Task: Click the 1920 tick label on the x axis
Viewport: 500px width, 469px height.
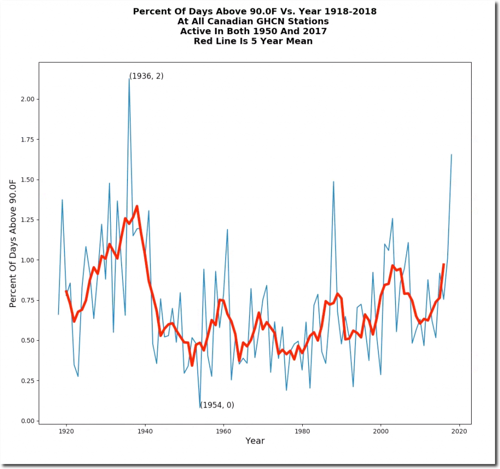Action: coord(66,431)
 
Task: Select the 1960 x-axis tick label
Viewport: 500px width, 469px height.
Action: coord(223,431)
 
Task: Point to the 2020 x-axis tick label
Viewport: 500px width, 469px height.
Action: coord(459,431)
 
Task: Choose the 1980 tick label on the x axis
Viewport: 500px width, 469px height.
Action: coord(302,431)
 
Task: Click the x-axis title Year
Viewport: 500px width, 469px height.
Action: coord(255,441)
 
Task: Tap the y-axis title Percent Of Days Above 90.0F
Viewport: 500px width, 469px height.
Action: coord(13,243)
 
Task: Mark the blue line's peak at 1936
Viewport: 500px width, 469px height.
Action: coord(129,79)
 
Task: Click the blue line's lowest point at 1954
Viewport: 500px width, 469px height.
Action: coord(200,408)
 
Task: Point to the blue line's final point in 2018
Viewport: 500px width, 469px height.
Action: coord(451,155)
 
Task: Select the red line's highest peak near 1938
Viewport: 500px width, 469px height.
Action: coord(137,206)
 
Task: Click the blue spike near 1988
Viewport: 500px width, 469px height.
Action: coord(333,182)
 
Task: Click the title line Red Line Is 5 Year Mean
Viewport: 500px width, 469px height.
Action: coord(253,41)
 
